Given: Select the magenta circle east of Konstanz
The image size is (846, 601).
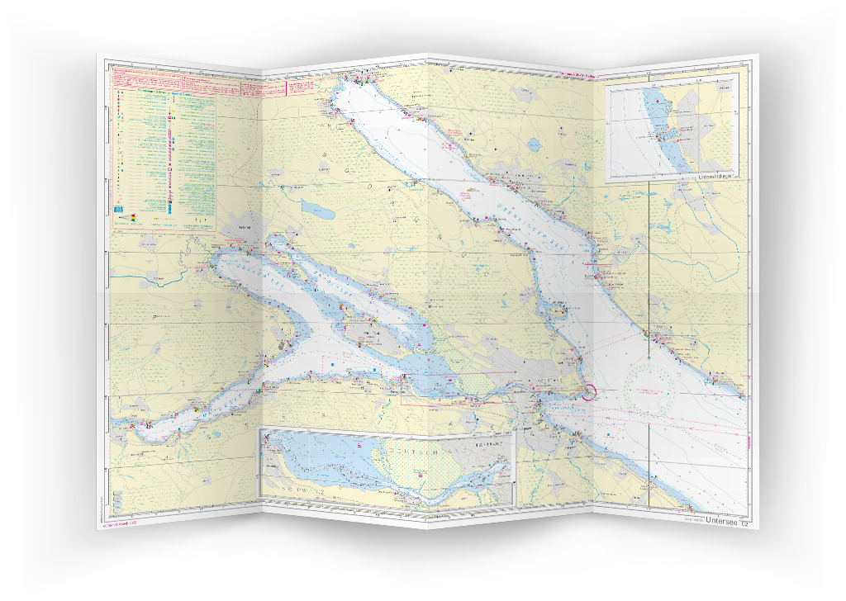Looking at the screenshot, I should click(589, 392).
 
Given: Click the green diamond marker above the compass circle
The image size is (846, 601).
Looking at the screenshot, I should click(650, 358).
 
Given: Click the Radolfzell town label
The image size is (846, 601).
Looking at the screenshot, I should click(244, 227).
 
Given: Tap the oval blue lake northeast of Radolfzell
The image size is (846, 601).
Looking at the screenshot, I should click(317, 208).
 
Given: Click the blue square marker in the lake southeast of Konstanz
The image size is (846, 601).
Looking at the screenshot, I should click(607, 431).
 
